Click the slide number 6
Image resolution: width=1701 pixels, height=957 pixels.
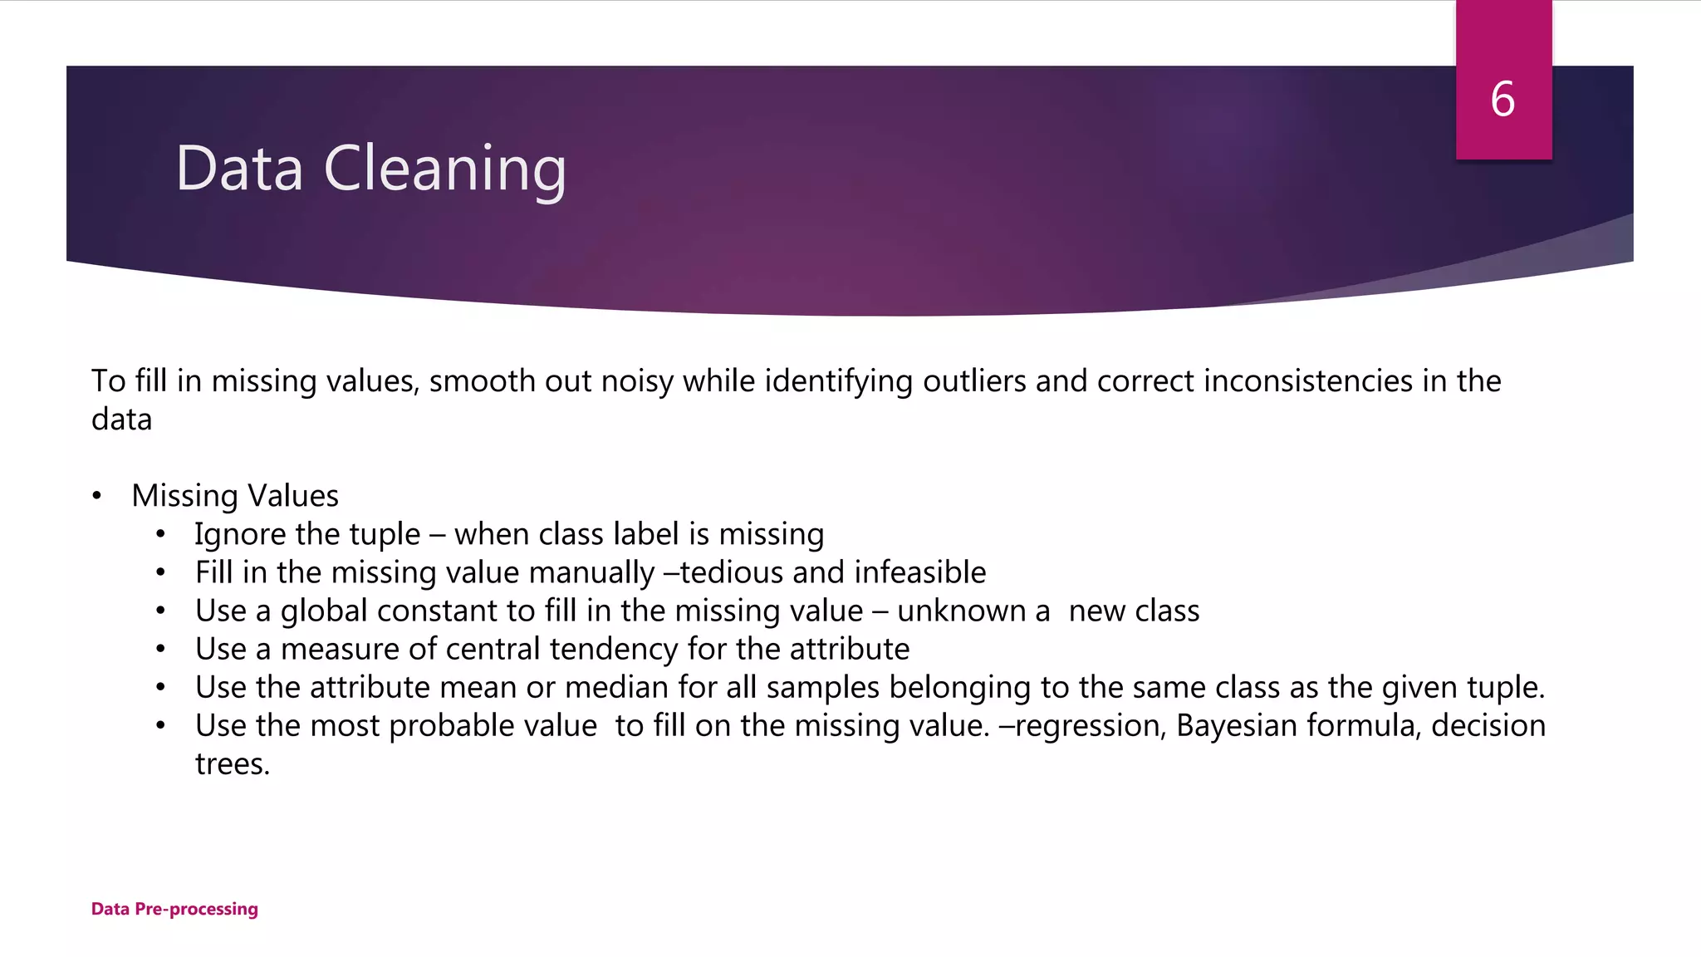coord(1502,100)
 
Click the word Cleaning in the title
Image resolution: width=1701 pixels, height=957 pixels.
coord(444,169)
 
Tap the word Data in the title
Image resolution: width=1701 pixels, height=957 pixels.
coord(239,169)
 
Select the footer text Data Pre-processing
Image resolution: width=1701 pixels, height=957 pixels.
coord(174,909)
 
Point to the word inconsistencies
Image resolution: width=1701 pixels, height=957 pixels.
coord(1308,381)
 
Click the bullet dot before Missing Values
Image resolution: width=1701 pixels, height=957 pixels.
coord(97,497)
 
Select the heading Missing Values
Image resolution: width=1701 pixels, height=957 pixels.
coord(235,496)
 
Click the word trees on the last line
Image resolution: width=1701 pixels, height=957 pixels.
coord(233,764)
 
